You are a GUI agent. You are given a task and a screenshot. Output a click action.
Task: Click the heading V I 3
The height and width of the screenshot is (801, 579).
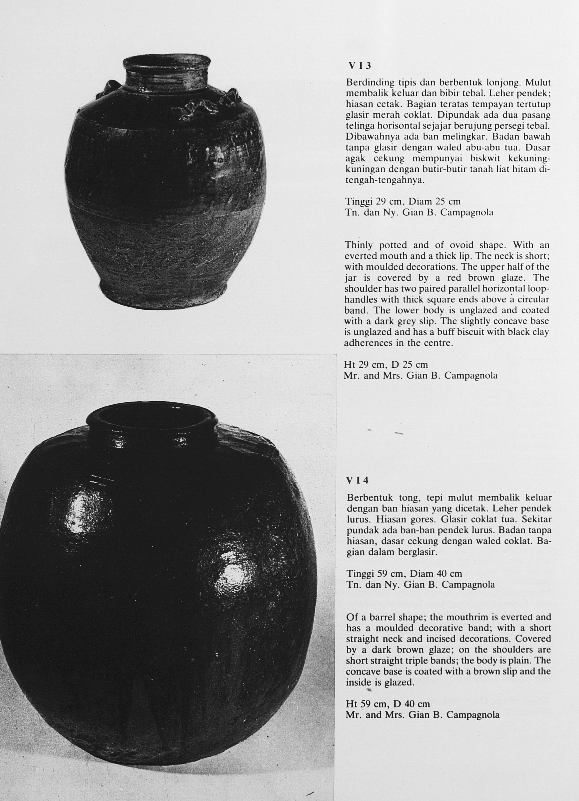tap(360, 66)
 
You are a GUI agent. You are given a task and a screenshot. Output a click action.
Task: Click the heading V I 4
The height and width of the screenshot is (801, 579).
tap(358, 480)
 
